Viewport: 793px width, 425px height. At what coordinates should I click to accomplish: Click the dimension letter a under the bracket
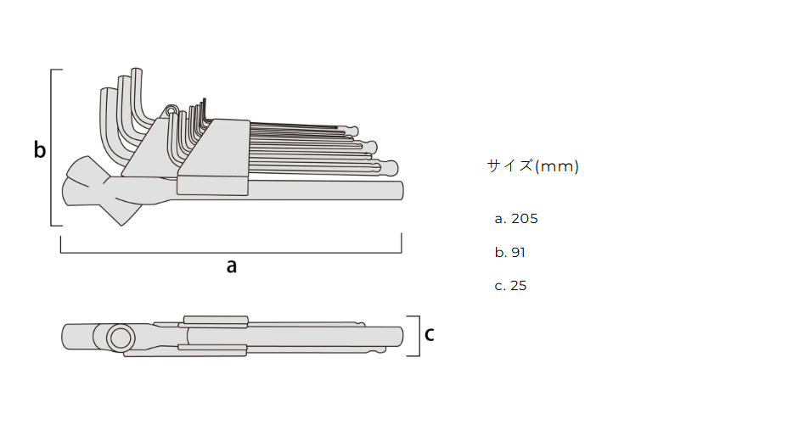(231, 266)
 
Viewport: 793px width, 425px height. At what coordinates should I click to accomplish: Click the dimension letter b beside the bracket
(39, 149)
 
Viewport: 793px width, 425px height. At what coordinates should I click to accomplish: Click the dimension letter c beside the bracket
(430, 334)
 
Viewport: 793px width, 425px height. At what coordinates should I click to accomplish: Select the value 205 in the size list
(525, 219)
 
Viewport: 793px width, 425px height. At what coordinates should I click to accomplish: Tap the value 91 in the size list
(519, 252)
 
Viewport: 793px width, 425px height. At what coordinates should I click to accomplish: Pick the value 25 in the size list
(519, 286)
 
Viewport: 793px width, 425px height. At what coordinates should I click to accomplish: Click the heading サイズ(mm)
(532, 165)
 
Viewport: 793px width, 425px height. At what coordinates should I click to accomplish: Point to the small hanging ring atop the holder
(172, 109)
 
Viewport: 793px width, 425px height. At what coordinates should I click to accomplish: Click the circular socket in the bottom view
(121, 338)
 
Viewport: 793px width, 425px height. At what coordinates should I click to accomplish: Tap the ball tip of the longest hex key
(390, 168)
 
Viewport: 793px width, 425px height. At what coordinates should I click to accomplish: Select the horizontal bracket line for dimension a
(231, 252)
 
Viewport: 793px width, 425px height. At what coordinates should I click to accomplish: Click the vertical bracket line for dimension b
(52, 148)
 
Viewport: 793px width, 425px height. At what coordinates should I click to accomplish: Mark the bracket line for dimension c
(419, 336)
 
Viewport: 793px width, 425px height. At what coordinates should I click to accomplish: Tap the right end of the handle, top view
(402, 191)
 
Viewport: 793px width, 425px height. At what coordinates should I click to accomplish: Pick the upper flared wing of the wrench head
(86, 171)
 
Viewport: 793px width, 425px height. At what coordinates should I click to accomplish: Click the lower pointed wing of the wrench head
(121, 212)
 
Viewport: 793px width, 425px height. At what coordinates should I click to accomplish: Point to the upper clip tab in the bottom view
(216, 320)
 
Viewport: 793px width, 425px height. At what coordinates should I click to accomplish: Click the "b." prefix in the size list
(501, 252)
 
